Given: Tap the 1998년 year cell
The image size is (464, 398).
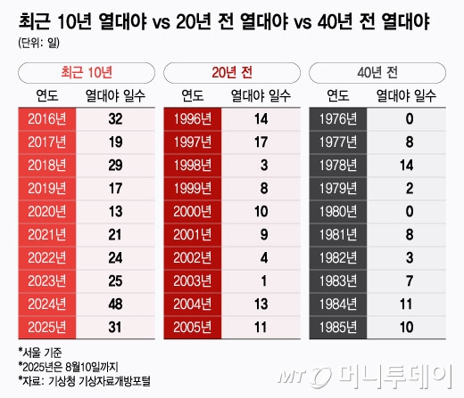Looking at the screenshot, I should tap(190, 165).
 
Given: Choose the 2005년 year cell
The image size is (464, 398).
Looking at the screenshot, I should tap(190, 327).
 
